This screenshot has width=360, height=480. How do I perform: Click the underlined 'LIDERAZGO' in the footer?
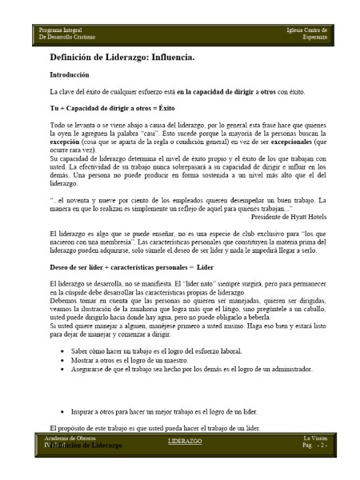point(185,442)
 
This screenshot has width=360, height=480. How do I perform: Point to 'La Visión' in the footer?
point(313,438)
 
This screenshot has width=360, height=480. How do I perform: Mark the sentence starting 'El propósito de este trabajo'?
point(154,427)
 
